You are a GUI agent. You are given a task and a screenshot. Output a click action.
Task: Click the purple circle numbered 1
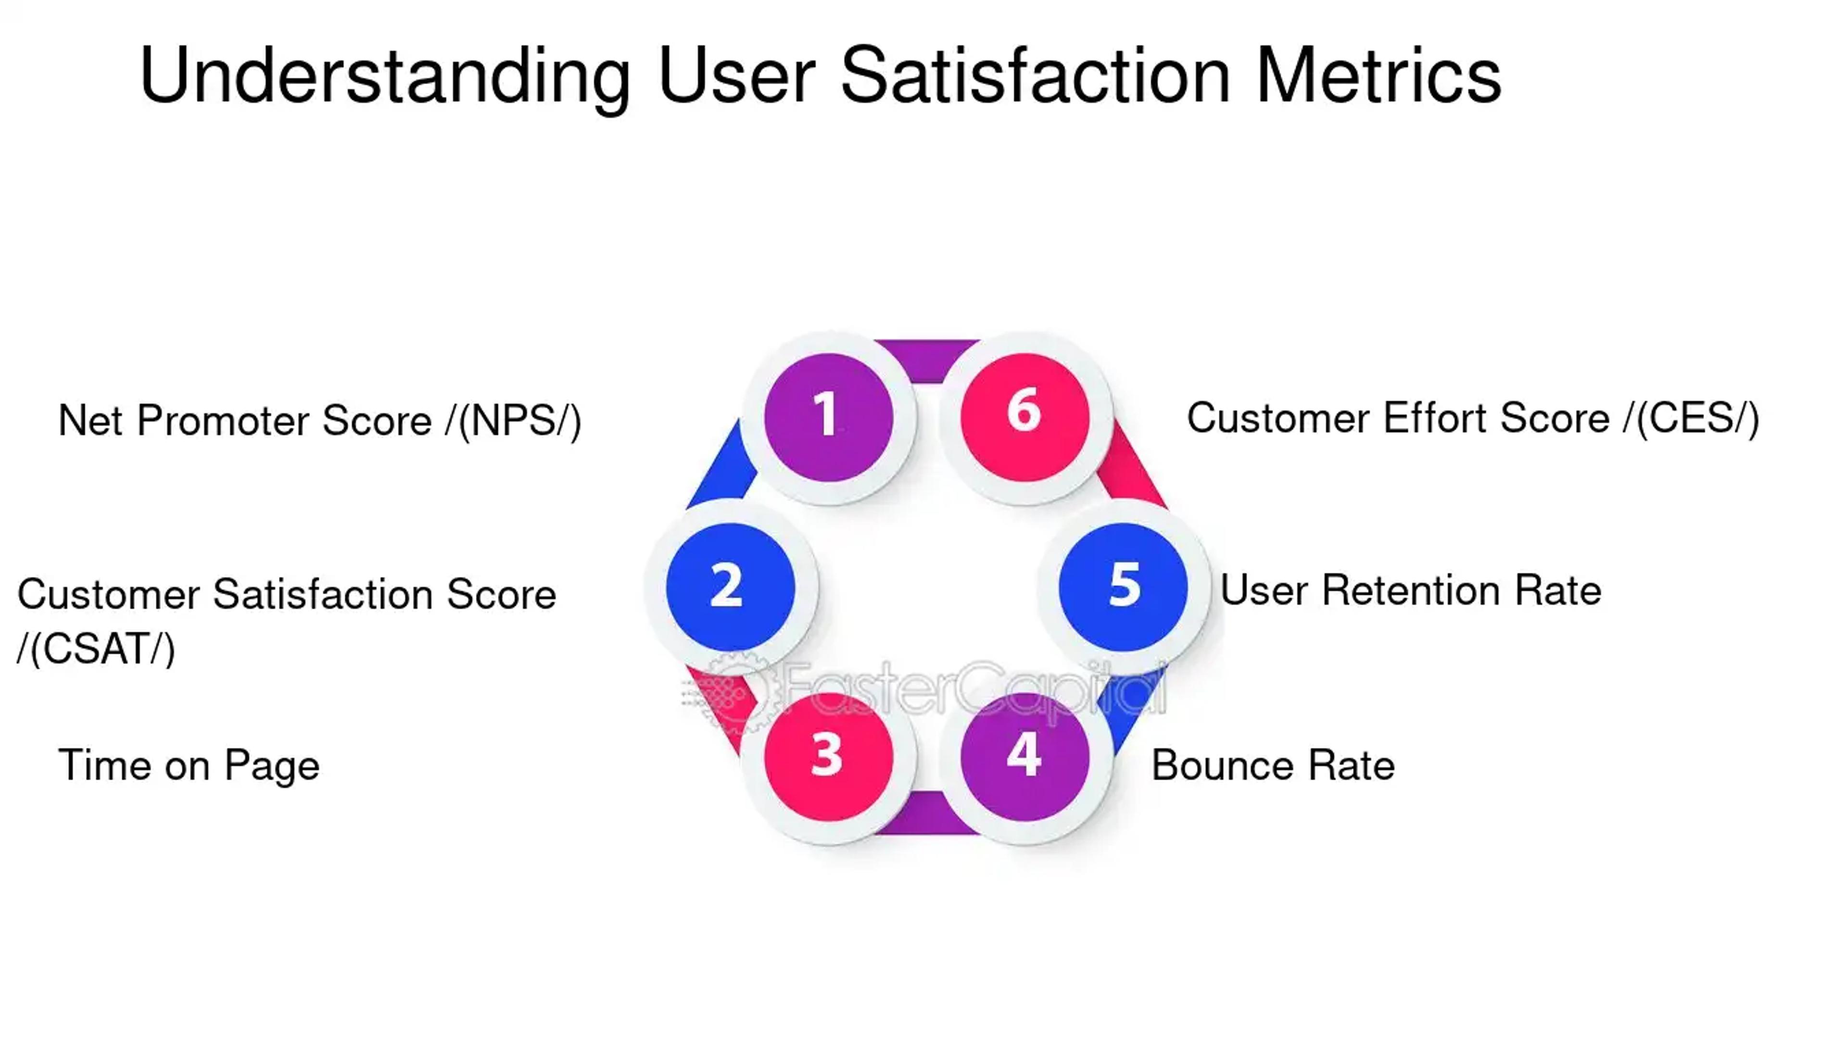coord(828,417)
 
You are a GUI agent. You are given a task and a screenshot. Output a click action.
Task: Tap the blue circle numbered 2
coord(730,587)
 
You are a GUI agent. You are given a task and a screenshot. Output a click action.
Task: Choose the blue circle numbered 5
coord(1123,587)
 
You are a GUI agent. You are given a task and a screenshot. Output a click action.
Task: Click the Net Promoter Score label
coord(319,421)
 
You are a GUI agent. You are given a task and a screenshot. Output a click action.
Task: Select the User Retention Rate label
coord(1410,591)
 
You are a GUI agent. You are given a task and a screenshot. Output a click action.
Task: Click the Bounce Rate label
coord(1273,765)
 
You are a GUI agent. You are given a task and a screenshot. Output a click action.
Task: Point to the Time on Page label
coord(189,765)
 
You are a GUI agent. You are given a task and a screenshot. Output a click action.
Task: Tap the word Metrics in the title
coord(1378,75)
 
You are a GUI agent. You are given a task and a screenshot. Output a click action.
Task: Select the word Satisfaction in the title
coord(1036,75)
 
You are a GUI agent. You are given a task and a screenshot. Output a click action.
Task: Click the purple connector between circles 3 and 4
coord(926,813)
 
